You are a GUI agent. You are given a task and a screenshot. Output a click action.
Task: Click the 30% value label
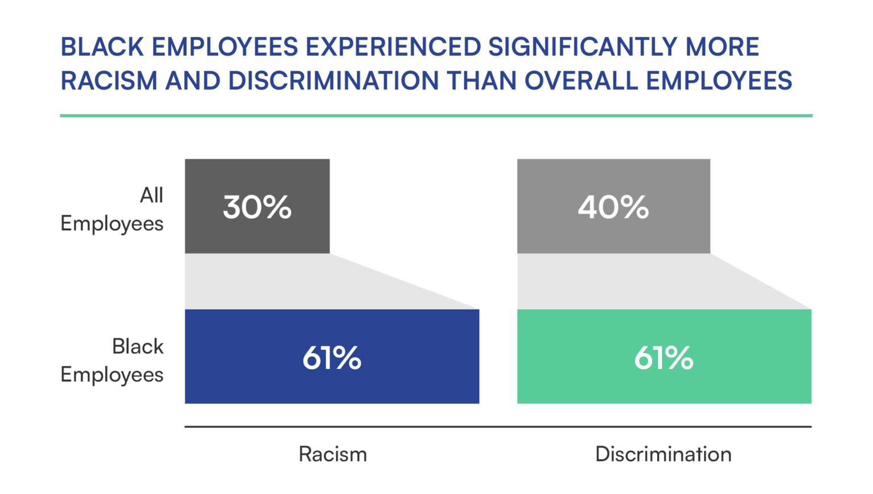pos(257,207)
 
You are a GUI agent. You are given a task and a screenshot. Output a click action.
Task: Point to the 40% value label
pos(613,207)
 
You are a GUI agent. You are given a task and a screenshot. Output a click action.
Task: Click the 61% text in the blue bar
pos(332,358)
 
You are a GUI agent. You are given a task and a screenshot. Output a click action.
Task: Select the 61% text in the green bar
pos(664,358)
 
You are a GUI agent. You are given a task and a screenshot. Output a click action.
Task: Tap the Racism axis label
pos(333,454)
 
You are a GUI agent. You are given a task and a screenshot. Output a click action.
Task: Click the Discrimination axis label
pos(663,454)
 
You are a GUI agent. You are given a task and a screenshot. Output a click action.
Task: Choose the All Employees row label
pos(112,209)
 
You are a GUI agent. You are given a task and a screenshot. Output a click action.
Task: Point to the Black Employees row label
pos(112,360)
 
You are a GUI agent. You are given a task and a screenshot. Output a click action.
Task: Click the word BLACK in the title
pos(102,47)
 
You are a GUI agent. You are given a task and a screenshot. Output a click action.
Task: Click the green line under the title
pos(436,115)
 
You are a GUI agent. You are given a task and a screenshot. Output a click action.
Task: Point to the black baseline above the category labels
pos(498,426)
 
